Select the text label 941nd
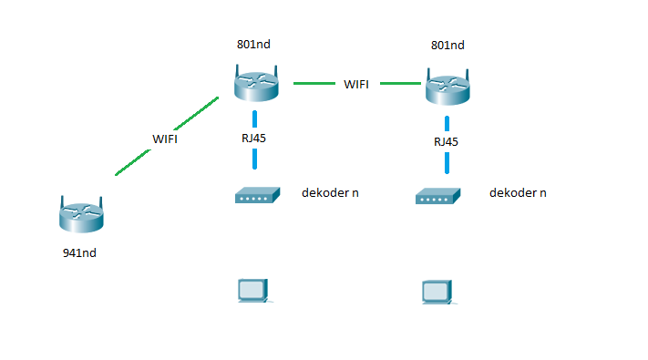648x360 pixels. (78, 252)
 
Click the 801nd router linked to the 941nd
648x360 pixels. (255, 85)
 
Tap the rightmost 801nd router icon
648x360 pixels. (447, 87)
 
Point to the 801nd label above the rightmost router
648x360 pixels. (447, 45)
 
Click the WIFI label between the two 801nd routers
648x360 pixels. (356, 84)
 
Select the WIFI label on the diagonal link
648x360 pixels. (165, 139)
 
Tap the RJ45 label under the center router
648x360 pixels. (254, 139)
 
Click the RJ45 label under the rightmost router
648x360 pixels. (446, 141)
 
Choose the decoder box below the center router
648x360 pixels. (256, 195)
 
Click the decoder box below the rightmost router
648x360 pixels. (437, 195)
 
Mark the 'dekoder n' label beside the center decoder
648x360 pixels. (330, 193)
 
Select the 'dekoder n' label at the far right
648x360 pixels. (518, 193)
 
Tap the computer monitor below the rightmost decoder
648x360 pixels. (437, 292)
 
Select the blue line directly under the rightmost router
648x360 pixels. (447, 122)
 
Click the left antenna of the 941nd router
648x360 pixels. (63, 201)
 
